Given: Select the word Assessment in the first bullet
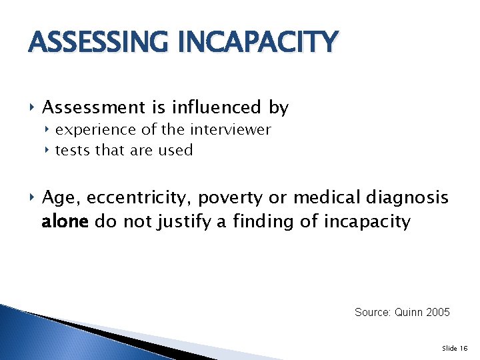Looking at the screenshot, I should click(89, 107).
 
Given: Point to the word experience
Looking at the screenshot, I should click(93, 130).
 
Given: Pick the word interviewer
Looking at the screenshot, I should click(231, 130).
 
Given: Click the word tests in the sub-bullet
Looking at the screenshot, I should click(71, 151).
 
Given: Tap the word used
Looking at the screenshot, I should click(176, 151).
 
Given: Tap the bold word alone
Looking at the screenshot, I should click(65, 221).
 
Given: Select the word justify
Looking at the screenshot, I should click(185, 221).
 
